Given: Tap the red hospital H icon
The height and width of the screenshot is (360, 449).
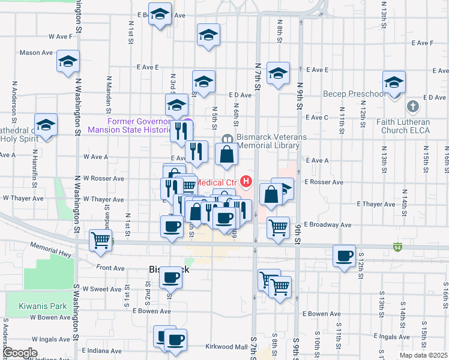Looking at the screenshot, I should (246, 181).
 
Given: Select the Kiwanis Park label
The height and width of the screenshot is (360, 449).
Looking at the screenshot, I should (43, 305).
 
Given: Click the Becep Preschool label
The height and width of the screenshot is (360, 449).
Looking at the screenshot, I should (354, 94).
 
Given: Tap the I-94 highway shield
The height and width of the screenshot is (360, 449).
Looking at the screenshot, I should (398, 247).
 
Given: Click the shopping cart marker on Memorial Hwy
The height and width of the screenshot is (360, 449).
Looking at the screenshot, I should (100, 240).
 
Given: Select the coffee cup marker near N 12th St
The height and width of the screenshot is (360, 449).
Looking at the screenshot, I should (345, 256).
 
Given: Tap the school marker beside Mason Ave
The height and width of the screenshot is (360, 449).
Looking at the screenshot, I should (68, 61).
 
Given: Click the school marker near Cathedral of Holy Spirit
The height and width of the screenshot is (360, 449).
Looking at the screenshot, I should (46, 125).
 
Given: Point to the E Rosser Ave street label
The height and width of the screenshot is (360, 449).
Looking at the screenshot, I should (324, 182).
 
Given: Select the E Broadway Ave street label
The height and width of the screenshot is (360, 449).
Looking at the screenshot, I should (328, 224).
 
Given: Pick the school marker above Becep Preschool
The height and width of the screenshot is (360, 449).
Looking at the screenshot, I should (394, 82).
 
